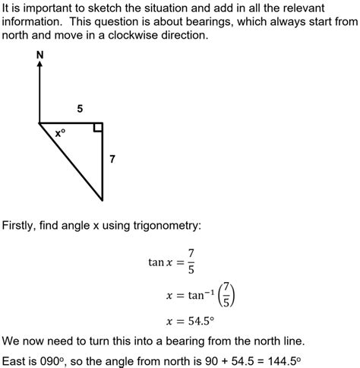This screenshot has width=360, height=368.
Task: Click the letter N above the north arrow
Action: coord(39,55)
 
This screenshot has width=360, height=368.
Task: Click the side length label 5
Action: coord(80,109)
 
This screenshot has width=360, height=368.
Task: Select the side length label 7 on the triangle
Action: coord(112,160)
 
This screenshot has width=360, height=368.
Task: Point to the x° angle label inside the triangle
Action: coord(61,133)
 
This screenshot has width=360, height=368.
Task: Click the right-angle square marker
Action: coord(98,127)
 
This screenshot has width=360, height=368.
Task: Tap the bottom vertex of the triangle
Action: coord(103,200)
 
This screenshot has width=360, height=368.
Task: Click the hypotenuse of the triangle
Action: coord(71,161)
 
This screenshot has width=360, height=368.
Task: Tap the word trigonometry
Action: coord(165,225)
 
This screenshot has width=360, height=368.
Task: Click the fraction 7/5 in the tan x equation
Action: coord(191,262)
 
